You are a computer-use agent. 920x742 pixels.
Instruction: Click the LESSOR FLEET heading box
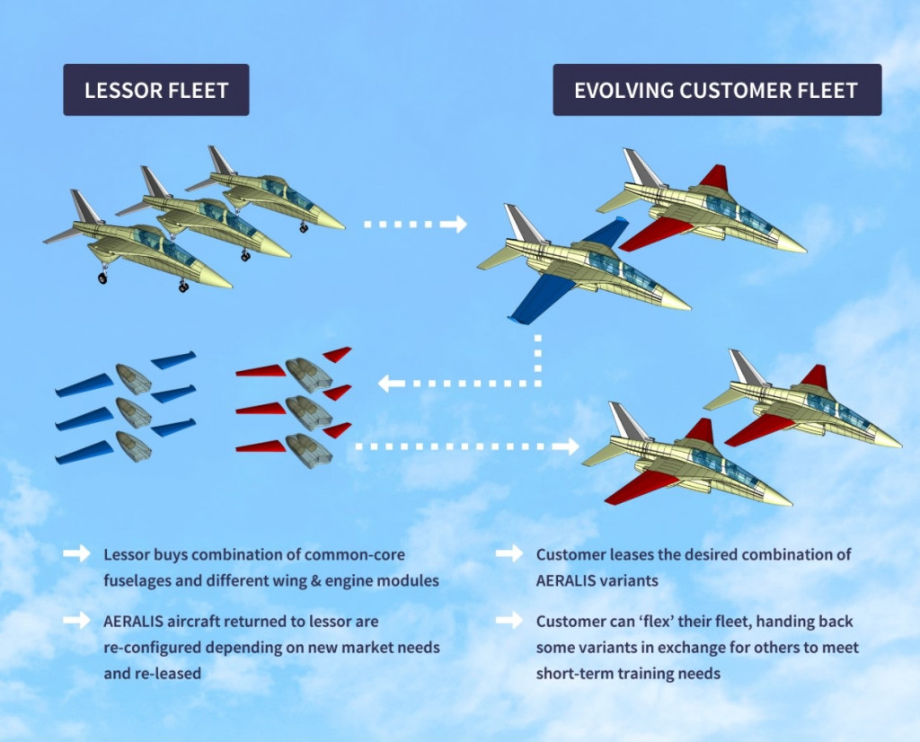(x=155, y=90)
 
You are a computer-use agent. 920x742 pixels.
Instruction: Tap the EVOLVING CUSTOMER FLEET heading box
(x=716, y=90)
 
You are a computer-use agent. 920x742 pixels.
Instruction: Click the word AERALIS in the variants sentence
(x=572, y=580)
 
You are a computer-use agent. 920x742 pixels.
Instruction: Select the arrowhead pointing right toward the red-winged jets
(x=570, y=446)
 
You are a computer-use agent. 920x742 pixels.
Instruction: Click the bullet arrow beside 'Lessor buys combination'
(x=76, y=554)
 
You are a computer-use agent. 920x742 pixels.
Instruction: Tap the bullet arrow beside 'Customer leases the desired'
(x=509, y=554)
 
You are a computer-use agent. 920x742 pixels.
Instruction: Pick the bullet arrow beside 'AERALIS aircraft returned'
(x=76, y=621)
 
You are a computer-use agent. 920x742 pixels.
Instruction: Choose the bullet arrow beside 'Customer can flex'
(x=509, y=621)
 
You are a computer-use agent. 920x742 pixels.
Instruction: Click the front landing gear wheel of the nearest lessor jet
(x=183, y=287)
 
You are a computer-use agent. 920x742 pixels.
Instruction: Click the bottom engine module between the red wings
(x=308, y=450)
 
